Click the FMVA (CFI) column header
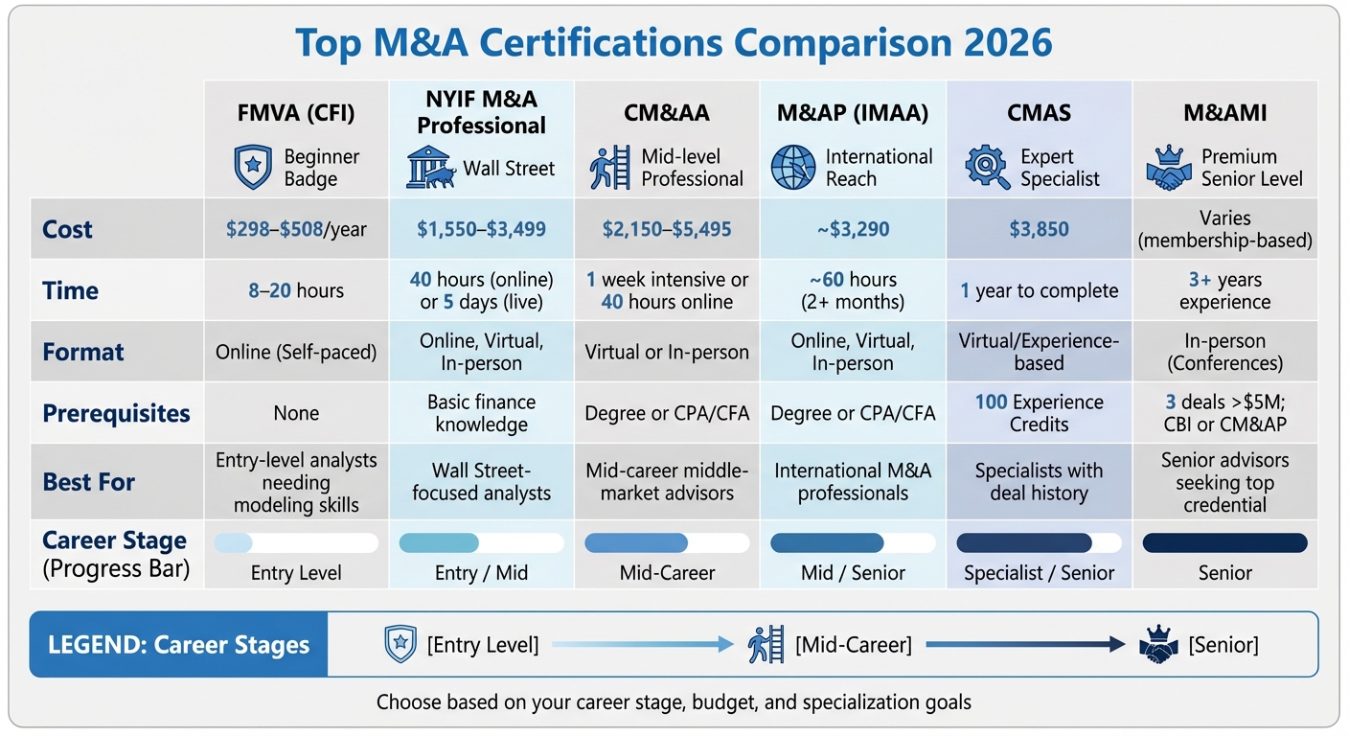[x=296, y=113]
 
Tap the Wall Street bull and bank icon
[x=431, y=168]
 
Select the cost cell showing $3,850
[x=1039, y=229]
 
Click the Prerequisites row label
[x=116, y=413]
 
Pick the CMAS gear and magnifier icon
[x=987, y=168]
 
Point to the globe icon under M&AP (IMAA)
[x=793, y=168]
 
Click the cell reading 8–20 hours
[x=296, y=290]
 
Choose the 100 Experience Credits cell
[x=1039, y=413]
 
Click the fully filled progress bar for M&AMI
[x=1224, y=542]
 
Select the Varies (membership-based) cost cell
[x=1224, y=230]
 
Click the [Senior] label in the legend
[x=1223, y=645]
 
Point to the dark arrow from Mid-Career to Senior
[x=1025, y=645]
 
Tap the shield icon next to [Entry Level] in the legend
[x=400, y=644]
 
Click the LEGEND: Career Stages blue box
[x=179, y=644]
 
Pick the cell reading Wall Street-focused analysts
[x=481, y=482]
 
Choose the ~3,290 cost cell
[x=853, y=229]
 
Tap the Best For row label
[x=89, y=481]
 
